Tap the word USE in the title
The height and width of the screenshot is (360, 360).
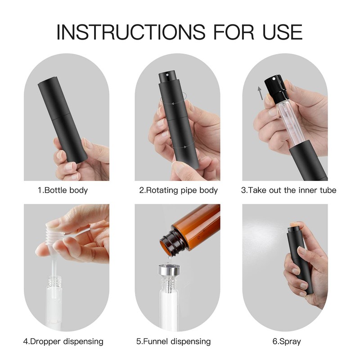tap(279, 32)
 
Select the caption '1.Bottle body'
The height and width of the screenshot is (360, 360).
tap(63, 190)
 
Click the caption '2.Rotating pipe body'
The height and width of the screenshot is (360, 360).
tap(178, 190)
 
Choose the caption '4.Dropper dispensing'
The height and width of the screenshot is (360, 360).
tap(63, 342)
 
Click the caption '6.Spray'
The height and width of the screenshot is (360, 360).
tap(287, 342)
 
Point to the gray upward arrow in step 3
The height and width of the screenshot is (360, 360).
tap(260, 93)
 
